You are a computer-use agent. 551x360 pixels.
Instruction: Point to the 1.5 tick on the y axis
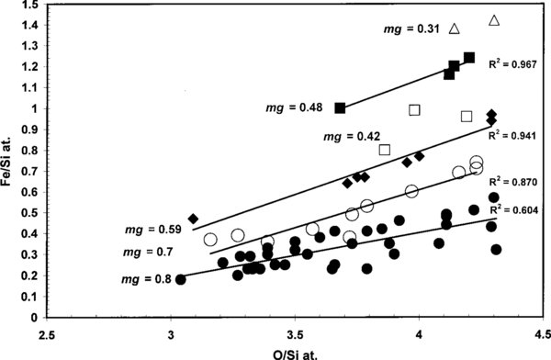[x=28, y=6]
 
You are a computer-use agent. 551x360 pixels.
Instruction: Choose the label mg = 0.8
[x=144, y=278]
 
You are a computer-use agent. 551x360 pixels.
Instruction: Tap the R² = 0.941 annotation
[x=510, y=134]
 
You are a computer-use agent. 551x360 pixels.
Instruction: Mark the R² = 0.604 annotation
[x=511, y=210]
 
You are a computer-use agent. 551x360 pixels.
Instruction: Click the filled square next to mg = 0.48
[x=341, y=107]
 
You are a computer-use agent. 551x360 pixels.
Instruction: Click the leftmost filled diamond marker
[x=193, y=219]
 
